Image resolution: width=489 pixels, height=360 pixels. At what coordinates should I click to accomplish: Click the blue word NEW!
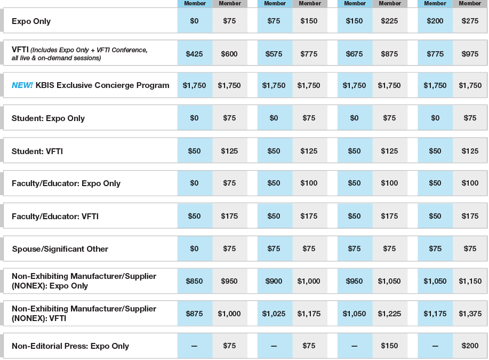(22, 85)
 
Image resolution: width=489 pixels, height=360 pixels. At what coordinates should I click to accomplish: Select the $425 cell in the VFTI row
(194, 54)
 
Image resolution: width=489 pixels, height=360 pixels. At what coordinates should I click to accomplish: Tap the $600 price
(229, 54)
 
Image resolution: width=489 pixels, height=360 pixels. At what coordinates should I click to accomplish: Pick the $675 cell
(354, 54)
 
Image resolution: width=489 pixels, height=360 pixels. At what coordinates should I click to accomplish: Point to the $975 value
(470, 54)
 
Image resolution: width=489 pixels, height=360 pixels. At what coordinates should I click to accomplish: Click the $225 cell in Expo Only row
(389, 21)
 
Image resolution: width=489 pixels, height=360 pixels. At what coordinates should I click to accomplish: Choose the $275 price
(470, 21)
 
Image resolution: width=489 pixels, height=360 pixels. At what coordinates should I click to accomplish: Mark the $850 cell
(194, 281)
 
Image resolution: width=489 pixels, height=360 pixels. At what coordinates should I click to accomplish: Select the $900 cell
(274, 281)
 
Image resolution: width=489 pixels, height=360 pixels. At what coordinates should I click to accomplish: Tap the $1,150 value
(470, 281)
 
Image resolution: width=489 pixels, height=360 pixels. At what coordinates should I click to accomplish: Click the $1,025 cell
(274, 314)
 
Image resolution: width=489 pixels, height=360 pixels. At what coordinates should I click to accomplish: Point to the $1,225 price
(389, 314)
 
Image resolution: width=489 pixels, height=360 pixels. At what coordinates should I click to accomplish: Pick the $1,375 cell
(470, 314)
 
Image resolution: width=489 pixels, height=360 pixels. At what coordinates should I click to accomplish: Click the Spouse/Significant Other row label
(60, 249)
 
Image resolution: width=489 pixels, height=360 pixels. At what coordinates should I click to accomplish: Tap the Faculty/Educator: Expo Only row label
(66, 183)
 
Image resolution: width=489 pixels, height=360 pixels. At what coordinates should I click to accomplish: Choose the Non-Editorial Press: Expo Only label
(70, 346)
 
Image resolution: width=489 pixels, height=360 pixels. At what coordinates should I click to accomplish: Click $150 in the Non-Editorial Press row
(389, 346)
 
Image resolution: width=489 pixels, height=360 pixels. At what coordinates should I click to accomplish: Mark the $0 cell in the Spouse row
(194, 249)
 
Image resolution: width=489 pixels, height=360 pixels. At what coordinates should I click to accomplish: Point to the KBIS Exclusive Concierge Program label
(102, 85)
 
